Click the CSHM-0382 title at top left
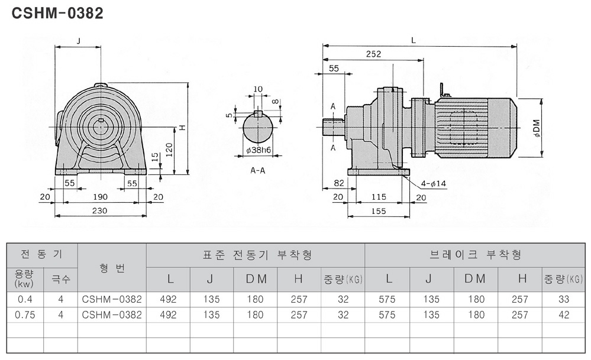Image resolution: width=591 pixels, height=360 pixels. click(57, 13)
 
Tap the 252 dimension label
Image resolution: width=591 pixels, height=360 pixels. click(373, 54)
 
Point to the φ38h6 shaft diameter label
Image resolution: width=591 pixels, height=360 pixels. click(259, 150)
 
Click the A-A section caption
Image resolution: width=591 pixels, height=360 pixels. click(258, 171)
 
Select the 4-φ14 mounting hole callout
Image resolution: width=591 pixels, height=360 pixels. click(434, 183)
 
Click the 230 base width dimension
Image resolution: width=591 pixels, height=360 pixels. click(99, 211)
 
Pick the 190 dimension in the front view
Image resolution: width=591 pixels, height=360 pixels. click(100, 197)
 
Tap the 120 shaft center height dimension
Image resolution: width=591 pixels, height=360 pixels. click(169, 150)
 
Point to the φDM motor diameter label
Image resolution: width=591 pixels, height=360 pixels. click(537, 128)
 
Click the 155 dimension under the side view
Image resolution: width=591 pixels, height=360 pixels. click(379, 211)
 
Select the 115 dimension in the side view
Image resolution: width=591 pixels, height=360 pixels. click(379, 197)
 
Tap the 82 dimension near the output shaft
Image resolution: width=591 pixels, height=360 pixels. click(339, 183)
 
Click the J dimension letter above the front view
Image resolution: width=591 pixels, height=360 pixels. click(79, 41)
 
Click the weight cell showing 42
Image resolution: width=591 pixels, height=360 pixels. click(564, 315)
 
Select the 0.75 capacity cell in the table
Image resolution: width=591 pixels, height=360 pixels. click(25, 315)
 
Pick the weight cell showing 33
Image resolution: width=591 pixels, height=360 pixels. click(564, 299)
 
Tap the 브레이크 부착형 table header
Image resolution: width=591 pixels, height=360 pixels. click(476, 255)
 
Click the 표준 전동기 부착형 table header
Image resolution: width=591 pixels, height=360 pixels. click(257, 255)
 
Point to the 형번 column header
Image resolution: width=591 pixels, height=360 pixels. click(112, 268)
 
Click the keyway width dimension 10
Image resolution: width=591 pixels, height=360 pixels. click(258, 89)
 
